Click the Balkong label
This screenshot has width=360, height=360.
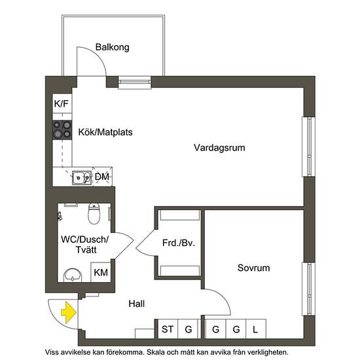pyautogui.click(x=112, y=48)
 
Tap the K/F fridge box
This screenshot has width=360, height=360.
pyautogui.click(x=61, y=104)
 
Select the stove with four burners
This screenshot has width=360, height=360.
pyautogui.click(x=62, y=129)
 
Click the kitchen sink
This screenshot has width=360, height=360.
pyautogui.click(x=82, y=176)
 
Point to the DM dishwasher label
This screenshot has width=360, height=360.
pyautogui.click(x=101, y=177)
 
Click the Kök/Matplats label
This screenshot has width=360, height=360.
pyautogui.click(x=105, y=132)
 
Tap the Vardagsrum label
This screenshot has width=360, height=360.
pyautogui.click(x=219, y=148)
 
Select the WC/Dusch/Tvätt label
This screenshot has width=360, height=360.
pyautogui.click(x=84, y=247)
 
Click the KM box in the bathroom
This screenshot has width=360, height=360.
pyautogui.click(x=101, y=272)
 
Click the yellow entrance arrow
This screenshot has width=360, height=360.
pyautogui.click(x=67, y=313)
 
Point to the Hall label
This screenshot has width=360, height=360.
pyautogui.click(x=136, y=304)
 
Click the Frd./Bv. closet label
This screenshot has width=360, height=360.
pyautogui.click(x=179, y=243)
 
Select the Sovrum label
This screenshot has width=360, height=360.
pyautogui.click(x=253, y=268)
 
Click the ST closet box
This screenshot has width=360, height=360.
pyautogui.click(x=168, y=329)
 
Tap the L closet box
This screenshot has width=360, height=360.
pyautogui.click(x=255, y=329)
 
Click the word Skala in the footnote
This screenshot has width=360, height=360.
pyautogui.click(x=165, y=352)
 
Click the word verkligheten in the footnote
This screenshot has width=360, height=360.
pyautogui.click(x=263, y=352)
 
